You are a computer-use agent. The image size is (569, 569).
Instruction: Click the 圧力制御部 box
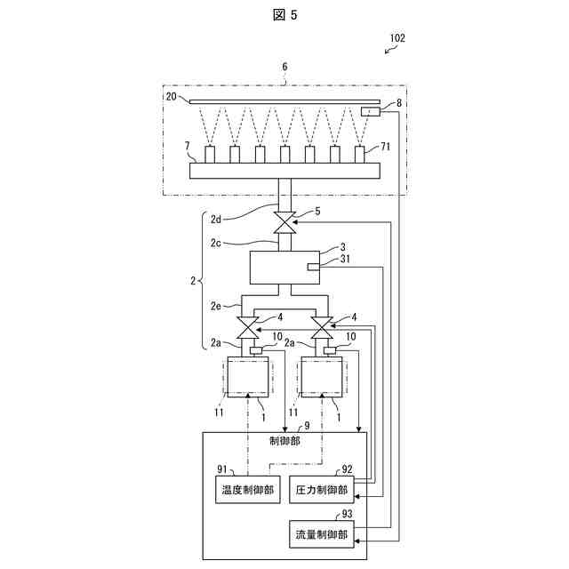pyautogui.click(x=321, y=490)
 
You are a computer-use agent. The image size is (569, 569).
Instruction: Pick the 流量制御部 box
pyautogui.click(x=321, y=534)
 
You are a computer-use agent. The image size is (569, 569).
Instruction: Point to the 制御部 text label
pyautogui.click(x=284, y=439)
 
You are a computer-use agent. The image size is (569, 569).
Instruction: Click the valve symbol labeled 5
pyautogui.click(x=284, y=222)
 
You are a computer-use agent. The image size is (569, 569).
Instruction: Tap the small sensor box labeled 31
pyautogui.click(x=312, y=267)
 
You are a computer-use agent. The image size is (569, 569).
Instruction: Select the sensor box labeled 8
pyautogui.click(x=370, y=111)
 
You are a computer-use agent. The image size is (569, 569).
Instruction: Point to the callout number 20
pyautogui.click(x=171, y=96)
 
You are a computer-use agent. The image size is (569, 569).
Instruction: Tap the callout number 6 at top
pyautogui.click(x=284, y=67)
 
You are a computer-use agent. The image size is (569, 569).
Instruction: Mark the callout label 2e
pyautogui.click(x=218, y=306)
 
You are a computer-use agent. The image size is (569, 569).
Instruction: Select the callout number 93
pyautogui.click(x=347, y=514)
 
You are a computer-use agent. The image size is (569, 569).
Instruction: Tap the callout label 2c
pyautogui.click(x=218, y=242)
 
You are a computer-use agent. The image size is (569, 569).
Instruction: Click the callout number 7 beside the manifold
pyautogui.click(x=188, y=144)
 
